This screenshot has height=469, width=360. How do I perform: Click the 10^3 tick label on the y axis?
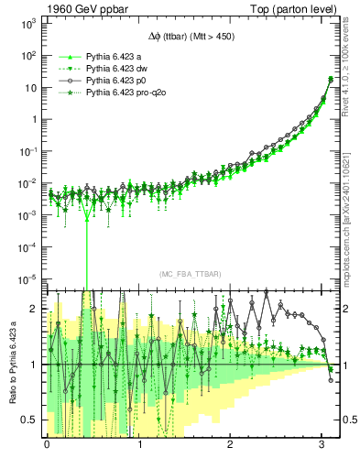tap(27, 25)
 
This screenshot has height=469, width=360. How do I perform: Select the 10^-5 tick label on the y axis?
tap(27, 278)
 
